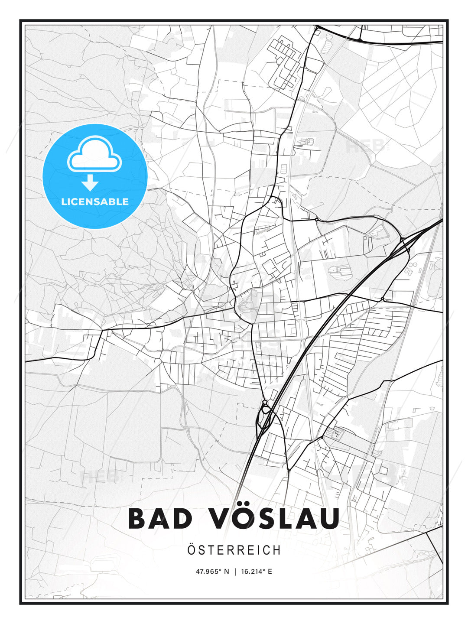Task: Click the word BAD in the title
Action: (160, 519)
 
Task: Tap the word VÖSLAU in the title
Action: (275, 519)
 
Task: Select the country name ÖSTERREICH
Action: (234, 550)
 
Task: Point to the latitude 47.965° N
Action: (212, 572)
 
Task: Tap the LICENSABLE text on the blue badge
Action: (95, 201)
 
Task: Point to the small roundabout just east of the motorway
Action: (382, 299)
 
